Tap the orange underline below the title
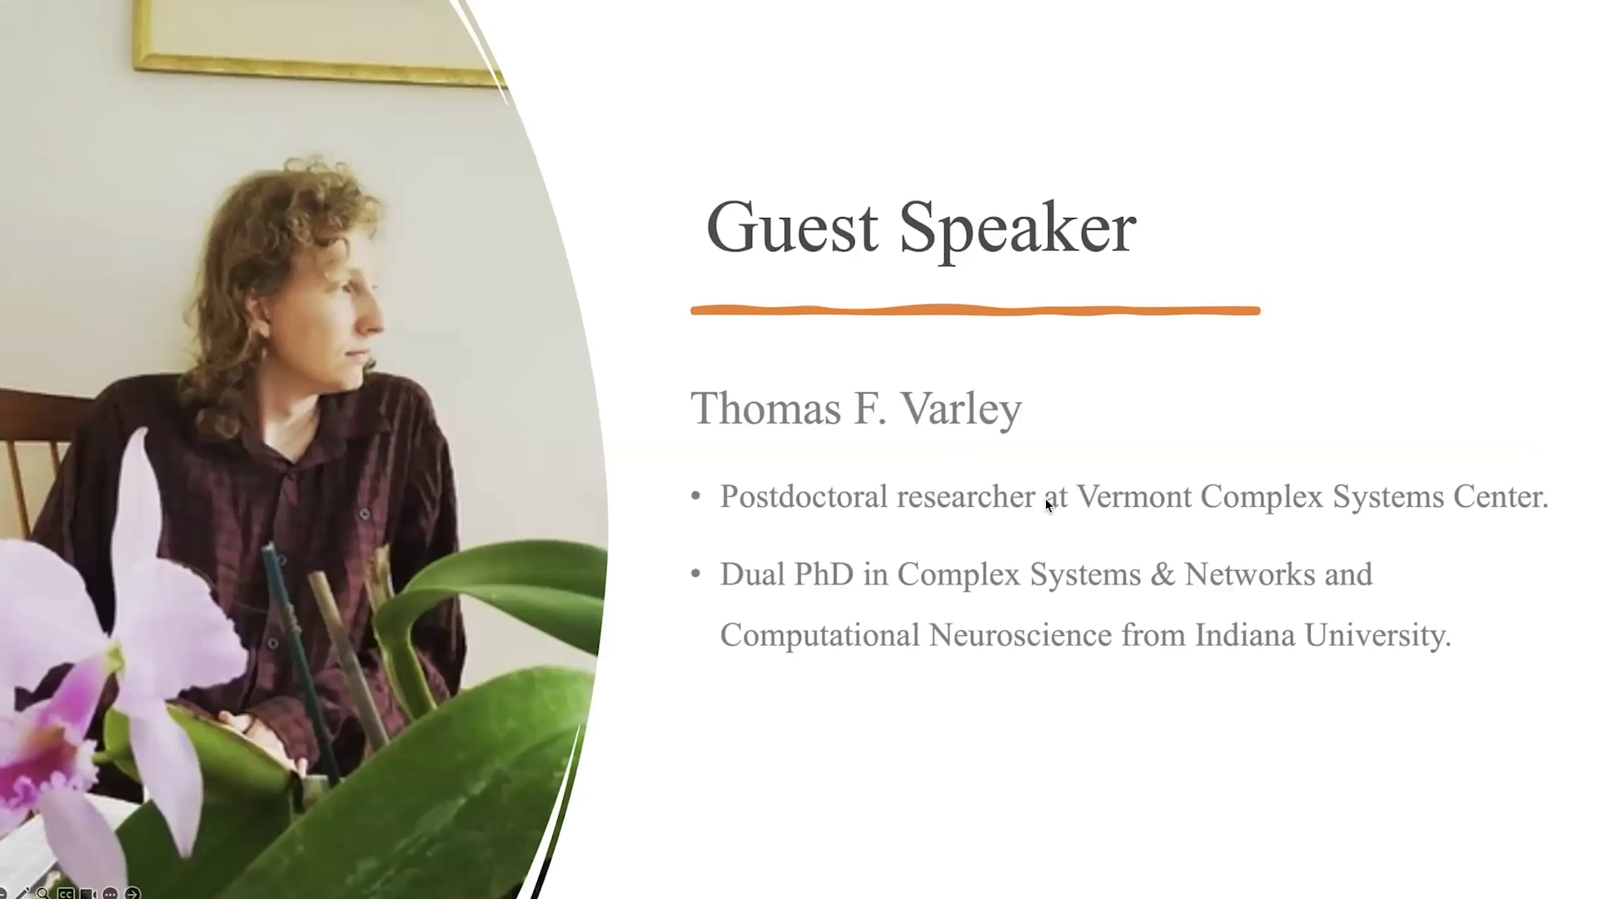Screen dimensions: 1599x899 click(x=975, y=310)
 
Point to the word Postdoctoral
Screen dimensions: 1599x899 click(x=803, y=496)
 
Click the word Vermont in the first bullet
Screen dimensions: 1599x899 click(x=1134, y=496)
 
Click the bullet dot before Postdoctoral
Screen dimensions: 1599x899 click(x=696, y=497)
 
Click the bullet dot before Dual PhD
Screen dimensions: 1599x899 click(x=696, y=574)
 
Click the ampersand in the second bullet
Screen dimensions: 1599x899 click(x=1163, y=574)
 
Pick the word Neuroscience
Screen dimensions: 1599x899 click(x=1020, y=635)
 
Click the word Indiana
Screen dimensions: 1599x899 click(x=1245, y=635)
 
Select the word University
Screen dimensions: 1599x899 click(x=1377, y=636)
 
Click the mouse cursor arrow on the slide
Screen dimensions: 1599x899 click(x=1049, y=505)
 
